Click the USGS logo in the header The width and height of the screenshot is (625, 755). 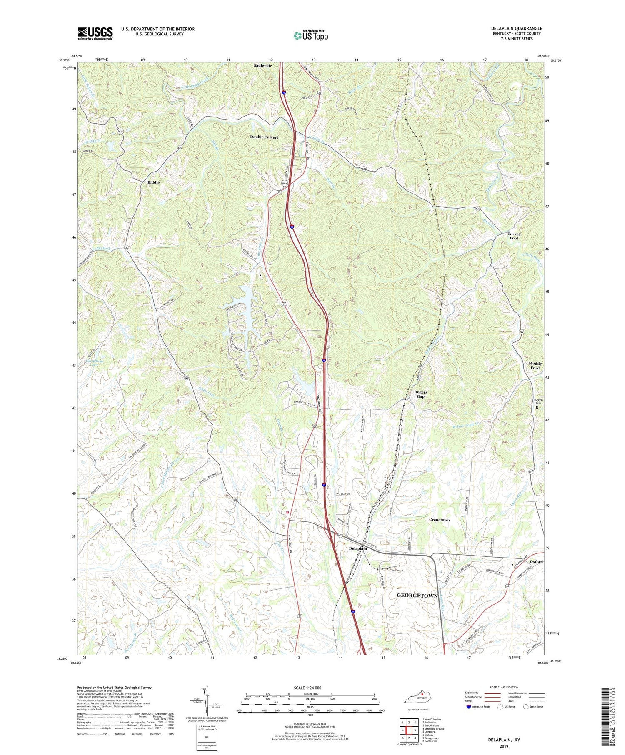[x=95, y=33]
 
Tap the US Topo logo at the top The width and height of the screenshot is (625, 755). [x=310, y=36]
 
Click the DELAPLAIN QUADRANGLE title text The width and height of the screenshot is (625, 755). [x=516, y=28]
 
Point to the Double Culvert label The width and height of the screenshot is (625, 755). [x=264, y=137]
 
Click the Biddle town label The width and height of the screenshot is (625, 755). [x=153, y=182]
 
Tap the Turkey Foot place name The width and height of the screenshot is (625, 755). [x=514, y=236]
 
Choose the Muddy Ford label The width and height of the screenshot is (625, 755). [x=535, y=366]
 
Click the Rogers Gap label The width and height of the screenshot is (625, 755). [x=420, y=394]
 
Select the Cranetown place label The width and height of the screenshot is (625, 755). [x=439, y=520]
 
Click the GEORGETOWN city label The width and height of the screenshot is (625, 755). [x=417, y=596]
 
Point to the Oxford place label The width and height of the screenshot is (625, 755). [x=536, y=562]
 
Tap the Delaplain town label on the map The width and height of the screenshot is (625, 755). [x=358, y=549]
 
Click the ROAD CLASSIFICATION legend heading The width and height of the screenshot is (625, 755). [x=504, y=687]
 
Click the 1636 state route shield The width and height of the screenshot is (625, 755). [x=120, y=131]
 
